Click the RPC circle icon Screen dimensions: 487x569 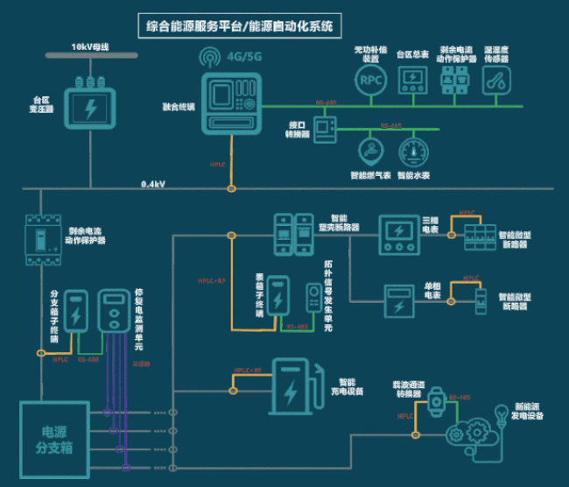369,80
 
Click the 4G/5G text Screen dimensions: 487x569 244,59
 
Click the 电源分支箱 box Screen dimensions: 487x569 53,440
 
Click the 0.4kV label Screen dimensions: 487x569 154,185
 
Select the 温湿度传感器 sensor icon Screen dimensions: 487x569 498,80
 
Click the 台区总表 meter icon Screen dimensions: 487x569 412,80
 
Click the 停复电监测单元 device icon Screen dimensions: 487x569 114,310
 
